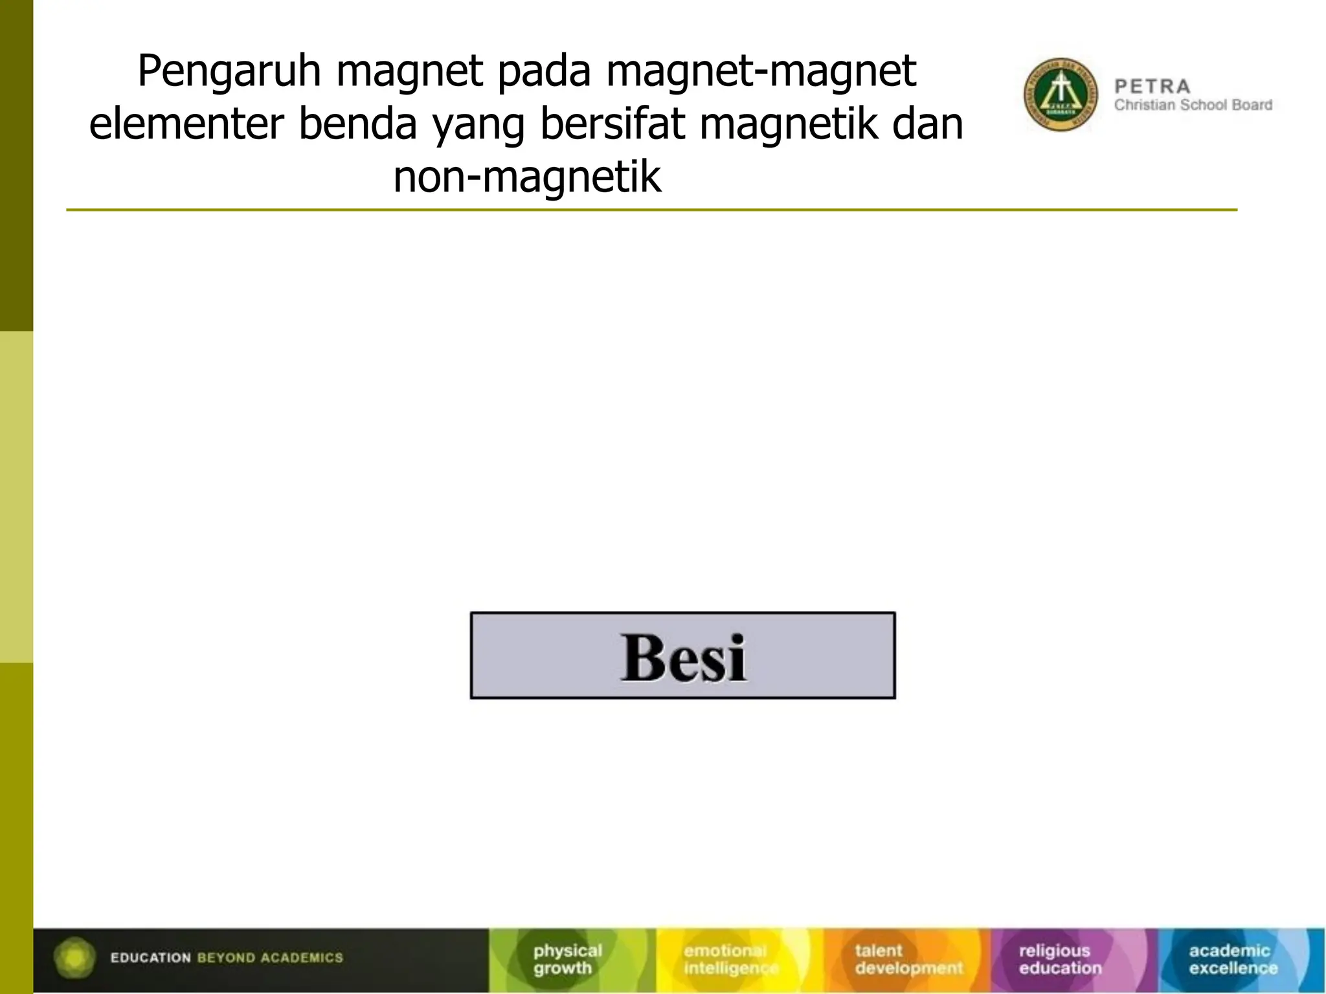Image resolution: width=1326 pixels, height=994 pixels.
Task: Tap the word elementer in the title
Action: tap(186, 124)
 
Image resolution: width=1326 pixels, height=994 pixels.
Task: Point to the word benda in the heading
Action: tap(357, 124)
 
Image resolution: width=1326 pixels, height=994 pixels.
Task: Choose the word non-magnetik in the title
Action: tap(527, 177)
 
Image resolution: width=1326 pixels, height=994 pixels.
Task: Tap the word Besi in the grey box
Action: tap(683, 657)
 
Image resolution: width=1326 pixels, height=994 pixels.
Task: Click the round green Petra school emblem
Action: tap(1061, 94)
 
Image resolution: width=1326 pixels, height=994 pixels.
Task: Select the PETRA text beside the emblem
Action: tap(1152, 86)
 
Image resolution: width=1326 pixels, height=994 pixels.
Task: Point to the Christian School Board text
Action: tap(1193, 105)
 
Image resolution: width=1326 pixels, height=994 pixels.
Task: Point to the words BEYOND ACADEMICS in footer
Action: tap(270, 958)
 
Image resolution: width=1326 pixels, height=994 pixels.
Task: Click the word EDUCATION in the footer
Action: tap(150, 958)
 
